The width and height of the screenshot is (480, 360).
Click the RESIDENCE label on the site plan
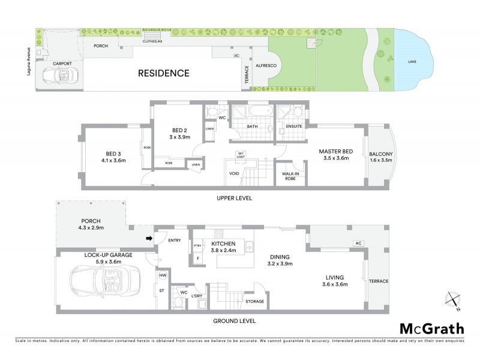click(164, 74)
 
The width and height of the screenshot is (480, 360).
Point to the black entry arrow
click(148, 239)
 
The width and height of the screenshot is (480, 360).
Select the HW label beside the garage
click(162, 275)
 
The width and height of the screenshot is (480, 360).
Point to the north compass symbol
click(453, 300)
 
